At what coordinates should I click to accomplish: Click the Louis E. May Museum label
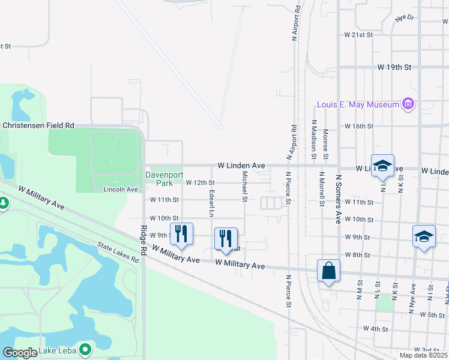(358, 105)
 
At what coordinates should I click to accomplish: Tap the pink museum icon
(408, 104)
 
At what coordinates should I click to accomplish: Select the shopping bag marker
(329, 271)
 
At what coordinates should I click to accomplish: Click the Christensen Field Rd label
(38, 125)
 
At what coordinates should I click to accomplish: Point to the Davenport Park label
(164, 178)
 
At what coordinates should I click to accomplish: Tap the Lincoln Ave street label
(121, 189)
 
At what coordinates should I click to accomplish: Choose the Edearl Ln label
(211, 203)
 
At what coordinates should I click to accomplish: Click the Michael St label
(245, 187)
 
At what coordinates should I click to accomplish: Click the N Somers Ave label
(339, 199)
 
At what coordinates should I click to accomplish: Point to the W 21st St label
(358, 35)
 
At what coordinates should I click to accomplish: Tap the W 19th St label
(394, 67)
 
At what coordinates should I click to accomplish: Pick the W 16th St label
(359, 126)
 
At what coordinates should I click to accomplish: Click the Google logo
(20, 353)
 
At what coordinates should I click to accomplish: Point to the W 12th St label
(200, 182)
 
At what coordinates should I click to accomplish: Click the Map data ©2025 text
(424, 355)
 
